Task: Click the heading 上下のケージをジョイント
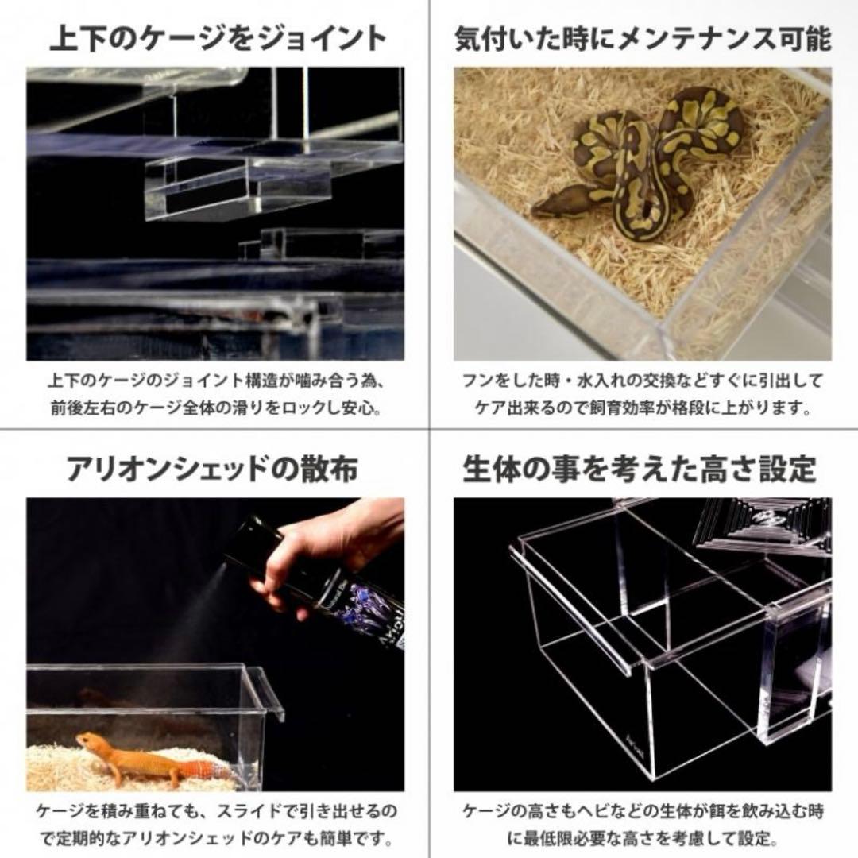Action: point(218,37)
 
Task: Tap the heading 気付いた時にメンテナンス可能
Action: point(642,37)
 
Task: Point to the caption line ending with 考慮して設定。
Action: point(642,839)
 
